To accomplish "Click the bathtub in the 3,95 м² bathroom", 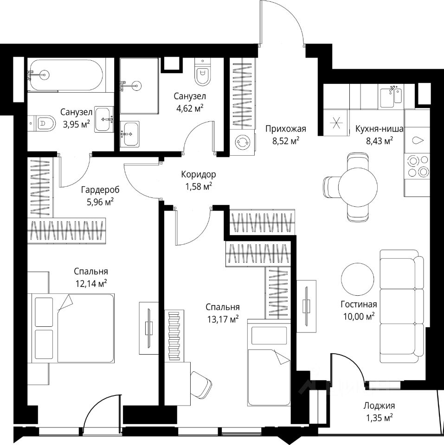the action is pos(66,75).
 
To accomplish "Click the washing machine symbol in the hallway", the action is pos(242,142).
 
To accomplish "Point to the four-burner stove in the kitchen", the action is pos(417,166).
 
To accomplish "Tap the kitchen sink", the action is pos(391,97).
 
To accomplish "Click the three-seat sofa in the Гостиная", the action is pos(402,306).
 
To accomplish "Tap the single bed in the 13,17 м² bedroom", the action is pos(269,362).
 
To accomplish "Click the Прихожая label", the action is pos(285,129).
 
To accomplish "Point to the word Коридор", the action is pos(199,174).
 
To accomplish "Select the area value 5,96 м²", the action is pos(100,202).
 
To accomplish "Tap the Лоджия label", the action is pos(379,406).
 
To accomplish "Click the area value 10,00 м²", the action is pos(359,316).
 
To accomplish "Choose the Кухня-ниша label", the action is pos(379,129).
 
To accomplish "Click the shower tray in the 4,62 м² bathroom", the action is pos(139,86).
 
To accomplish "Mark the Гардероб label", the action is pos(100,190).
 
